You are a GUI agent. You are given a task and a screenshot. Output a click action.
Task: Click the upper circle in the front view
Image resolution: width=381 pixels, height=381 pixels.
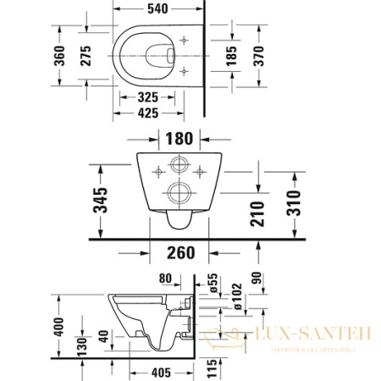coord(180,166)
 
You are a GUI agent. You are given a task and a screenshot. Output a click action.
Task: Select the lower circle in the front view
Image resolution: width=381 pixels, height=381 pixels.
coord(180,191)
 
